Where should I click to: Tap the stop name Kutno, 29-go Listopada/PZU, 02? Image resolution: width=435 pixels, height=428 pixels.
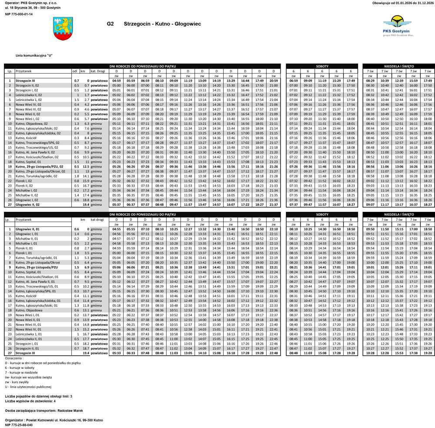pyautogui.click(x=39, y=167)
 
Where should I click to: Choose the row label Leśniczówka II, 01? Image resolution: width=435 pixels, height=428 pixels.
pyautogui.click(x=29, y=338)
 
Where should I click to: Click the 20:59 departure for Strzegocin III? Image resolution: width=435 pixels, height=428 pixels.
pyautogui.click(x=274, y=80)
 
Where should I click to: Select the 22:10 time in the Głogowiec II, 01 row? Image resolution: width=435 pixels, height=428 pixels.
pyautogui.click(x=274, y=229)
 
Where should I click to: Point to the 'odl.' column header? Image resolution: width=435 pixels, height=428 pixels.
pyautogui.click(x=74, y=70)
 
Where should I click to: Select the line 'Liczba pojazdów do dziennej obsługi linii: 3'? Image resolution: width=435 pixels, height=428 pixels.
pyautogui.click(x=39, y=396)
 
